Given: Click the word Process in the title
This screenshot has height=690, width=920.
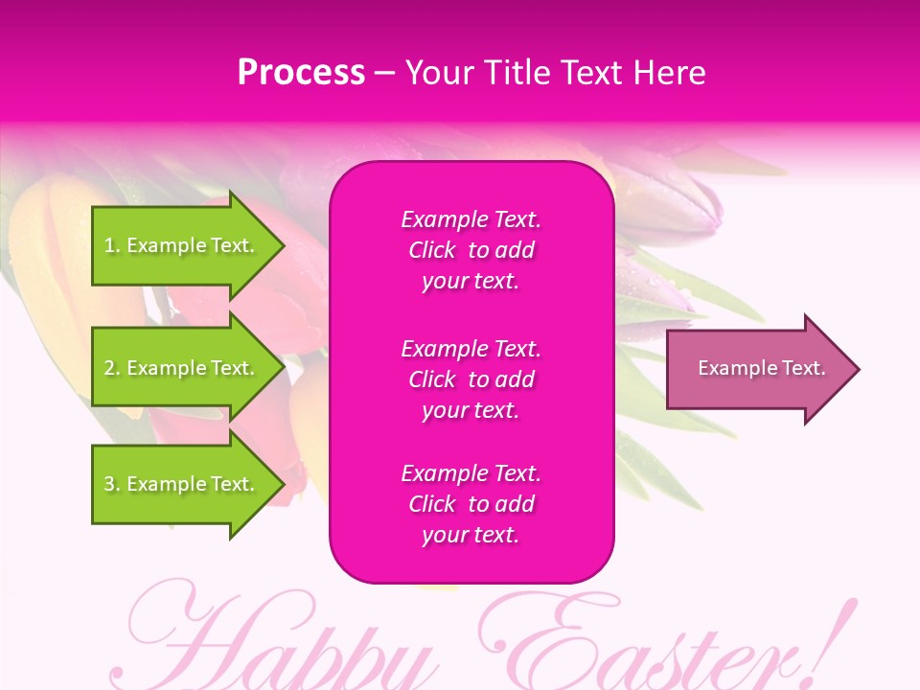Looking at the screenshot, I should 301,73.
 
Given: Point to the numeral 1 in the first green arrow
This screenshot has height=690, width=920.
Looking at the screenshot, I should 108,245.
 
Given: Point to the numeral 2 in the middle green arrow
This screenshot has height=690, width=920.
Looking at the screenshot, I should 109,368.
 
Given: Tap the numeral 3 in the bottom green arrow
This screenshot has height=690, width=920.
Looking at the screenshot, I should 109,484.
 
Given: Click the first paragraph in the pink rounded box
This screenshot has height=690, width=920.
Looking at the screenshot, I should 471,250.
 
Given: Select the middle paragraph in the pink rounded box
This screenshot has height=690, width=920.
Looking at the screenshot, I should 471,379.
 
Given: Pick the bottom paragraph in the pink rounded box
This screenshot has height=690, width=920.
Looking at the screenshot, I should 471,504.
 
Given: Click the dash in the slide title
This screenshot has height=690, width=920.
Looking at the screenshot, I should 384,74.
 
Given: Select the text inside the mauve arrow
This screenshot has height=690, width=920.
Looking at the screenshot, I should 761,368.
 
